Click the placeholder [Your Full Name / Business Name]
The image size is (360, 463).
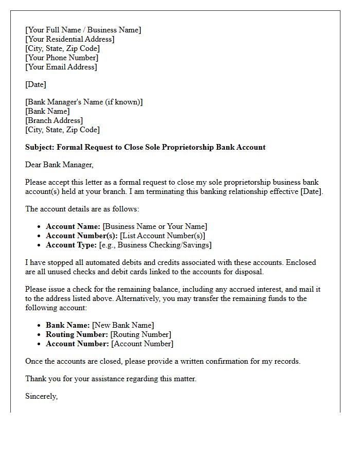pos(83,30)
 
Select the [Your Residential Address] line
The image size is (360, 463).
pos(70,39)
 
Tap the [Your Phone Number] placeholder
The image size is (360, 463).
pos(62,58)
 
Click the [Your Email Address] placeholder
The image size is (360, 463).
pos(61,67)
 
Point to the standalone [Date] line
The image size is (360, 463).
pos(35,84)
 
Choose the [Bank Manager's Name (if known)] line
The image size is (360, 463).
pos(84,102)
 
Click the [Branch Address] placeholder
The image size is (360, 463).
pos(54,120)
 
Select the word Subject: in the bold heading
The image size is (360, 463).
pos(40,147)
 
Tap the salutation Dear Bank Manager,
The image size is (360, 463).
pos(60,165)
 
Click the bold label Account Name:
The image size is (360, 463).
pos(73,226)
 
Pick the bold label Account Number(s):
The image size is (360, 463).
pos(82,236)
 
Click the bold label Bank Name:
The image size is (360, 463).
pos(68,325)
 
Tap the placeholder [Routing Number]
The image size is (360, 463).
pos(141,334)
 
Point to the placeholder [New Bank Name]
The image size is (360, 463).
pos(123,325)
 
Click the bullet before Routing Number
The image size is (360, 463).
pos(40,335)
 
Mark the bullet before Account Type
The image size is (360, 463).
pos(40,245)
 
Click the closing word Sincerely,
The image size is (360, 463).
pos(41,396)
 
